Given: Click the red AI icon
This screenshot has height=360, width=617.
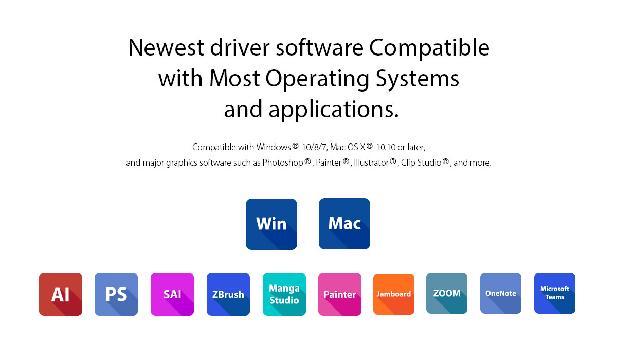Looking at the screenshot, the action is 61,294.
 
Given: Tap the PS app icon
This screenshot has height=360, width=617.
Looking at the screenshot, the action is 116,294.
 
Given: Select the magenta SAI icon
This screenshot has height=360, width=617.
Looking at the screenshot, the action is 172,294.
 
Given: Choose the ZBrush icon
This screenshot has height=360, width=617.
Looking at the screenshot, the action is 228,294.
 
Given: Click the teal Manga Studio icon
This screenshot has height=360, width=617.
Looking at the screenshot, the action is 284,294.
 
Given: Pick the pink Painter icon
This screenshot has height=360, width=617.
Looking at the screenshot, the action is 340,294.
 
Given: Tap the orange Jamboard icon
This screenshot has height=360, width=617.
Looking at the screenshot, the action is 394,294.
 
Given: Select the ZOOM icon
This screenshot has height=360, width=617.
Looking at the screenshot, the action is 447,293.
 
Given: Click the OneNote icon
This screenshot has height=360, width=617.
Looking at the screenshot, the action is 501,293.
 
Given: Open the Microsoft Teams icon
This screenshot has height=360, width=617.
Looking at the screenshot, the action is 555,293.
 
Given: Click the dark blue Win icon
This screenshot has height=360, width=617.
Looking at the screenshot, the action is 271,224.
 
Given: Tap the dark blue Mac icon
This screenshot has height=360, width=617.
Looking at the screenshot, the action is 344,224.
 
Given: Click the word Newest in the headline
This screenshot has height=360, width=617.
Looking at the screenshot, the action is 166,48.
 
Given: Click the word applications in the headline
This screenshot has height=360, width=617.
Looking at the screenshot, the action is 334,110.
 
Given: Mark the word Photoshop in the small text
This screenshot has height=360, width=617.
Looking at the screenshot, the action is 283,163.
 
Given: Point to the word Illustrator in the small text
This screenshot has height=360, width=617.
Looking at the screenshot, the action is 371,163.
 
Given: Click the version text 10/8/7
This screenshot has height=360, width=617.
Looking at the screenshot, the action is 314,148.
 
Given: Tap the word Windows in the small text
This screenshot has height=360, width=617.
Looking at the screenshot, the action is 274,147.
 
